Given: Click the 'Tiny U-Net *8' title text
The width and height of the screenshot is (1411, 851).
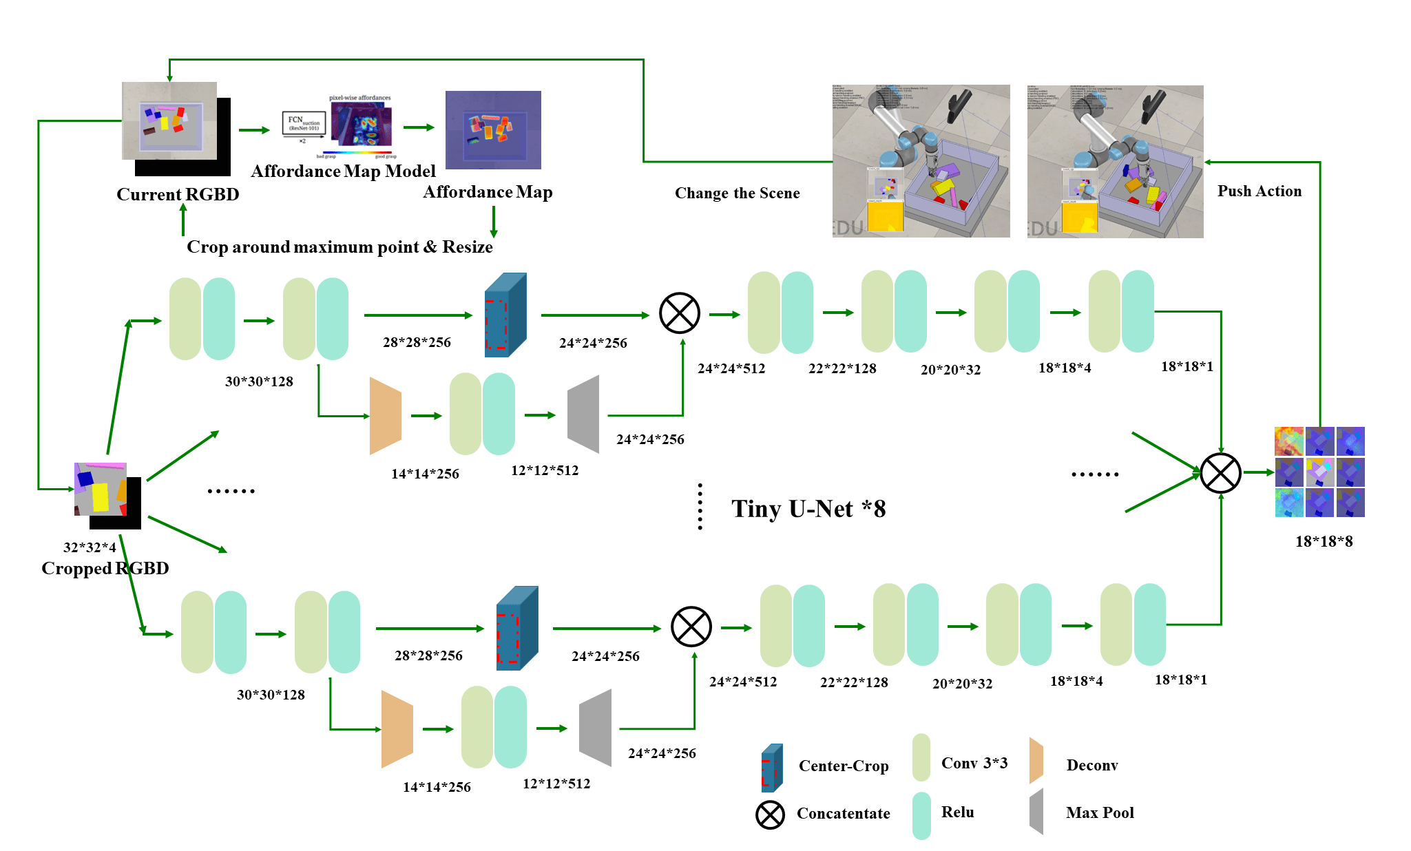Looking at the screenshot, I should click(x=808, y=509).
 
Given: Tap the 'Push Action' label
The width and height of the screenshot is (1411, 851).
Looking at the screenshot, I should click(x=1259, y=191).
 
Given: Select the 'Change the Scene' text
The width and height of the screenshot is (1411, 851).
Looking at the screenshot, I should click(x=737, y=193).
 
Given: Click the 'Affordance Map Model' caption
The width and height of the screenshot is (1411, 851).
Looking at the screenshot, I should click(x=343, y=171).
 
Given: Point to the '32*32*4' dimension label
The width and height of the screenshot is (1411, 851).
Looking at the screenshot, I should click(x=90, y=547).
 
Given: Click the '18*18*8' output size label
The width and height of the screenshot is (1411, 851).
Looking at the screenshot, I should click(x=1324, y=541).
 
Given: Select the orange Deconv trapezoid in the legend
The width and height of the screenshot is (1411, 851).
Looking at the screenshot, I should click(x=1036, y=761).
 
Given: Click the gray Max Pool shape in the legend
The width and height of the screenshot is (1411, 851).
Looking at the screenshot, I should click(x=1036, y=812).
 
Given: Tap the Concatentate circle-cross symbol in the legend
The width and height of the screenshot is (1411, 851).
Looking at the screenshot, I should click(x=770, y=815).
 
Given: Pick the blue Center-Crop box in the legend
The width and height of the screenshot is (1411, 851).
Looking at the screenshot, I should click(x=772, y=768).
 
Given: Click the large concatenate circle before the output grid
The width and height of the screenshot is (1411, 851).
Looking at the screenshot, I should click(x=1220, y=473).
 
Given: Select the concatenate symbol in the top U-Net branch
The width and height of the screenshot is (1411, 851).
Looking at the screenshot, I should click(x=679, y=313).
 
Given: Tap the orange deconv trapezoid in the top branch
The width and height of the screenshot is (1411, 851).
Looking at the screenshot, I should click(x=385, y=416).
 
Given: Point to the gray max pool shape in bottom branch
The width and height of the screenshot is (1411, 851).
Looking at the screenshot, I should click(x=596, y=728).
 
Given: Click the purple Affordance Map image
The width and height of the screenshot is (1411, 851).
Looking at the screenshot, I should click(x=493, y=130).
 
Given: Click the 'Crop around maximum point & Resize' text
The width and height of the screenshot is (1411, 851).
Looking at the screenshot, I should click(x=339, y=247).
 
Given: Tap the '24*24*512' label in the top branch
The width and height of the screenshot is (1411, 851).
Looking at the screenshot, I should click(x=731, y=368).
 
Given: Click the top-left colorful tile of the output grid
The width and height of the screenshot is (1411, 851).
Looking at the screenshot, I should click(x=1288, y=441).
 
